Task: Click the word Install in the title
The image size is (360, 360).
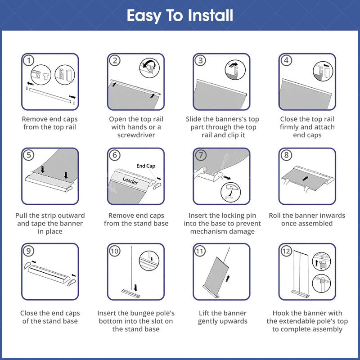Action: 210,15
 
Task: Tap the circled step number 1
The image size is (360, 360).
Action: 29,61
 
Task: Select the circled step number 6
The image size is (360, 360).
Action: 115,155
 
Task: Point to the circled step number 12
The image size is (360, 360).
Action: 286,251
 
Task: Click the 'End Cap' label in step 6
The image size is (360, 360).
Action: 146,166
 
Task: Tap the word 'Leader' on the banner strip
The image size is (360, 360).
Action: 130,181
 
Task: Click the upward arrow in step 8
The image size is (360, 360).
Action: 305,178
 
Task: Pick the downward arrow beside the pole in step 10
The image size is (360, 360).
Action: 136,288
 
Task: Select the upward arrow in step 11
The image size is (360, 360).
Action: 228,279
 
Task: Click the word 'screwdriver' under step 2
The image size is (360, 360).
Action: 136,135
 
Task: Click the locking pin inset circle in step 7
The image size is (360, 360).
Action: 230,192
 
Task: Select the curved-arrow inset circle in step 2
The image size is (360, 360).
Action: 149,68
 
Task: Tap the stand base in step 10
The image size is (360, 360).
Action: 130,293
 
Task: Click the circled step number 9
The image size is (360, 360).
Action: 29,251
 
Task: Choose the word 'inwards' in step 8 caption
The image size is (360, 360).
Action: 333,216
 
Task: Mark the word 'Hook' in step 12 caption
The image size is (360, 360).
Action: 279,313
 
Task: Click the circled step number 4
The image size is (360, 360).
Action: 286,61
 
